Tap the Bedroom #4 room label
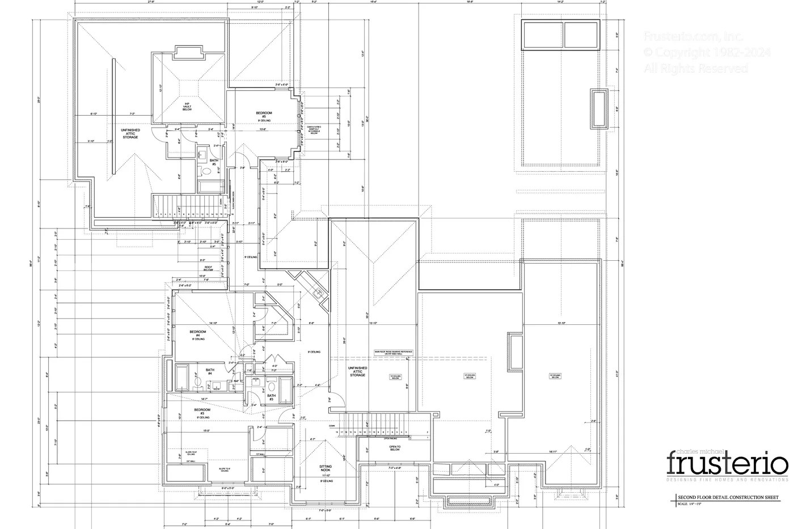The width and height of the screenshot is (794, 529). pyautogui.click(x=197, y=335)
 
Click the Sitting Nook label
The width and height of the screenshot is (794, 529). pyautogui.click(x=325, y=468)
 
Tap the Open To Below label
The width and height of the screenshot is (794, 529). pyautogui.click(x=394, y=447)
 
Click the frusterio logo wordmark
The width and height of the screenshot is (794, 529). pyautogui.click(x=727, y=464)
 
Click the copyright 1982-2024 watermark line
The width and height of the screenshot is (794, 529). pyautogui.click(x=707, y=52)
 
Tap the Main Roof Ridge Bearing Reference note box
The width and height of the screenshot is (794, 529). pyautogui.click(x=393, y=353)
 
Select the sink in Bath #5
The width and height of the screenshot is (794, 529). pyautogui.click(x=202, y=154)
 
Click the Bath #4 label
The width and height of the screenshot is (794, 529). pyautogui.click(x=209, y=372)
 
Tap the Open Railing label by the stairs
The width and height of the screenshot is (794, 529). pyautogui.click(x=390, y=438)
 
